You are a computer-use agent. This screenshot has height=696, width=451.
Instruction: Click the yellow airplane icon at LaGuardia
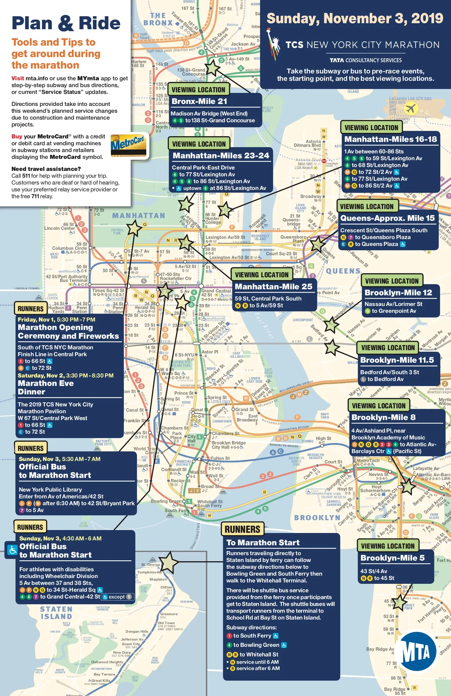[x=411, y=109]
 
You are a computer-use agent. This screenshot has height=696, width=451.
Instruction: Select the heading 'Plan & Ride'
[x=66, y=23]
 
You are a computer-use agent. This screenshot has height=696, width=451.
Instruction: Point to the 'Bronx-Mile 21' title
[x=199, y=102]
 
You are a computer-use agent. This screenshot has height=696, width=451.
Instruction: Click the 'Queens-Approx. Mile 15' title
[x=387, y=218]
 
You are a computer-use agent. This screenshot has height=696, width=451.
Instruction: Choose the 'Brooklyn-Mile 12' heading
[x=398, y=292]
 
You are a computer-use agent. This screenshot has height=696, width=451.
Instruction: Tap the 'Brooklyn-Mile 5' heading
[x=392, y=558]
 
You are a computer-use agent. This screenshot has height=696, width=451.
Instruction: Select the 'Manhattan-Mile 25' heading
[x=273, y=287]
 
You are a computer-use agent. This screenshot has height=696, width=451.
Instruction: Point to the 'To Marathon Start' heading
[x=263, y=543]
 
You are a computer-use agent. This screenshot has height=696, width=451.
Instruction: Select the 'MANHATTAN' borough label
[x=138, y=216]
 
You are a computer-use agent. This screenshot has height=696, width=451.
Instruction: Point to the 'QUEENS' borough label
[x=343, y=271]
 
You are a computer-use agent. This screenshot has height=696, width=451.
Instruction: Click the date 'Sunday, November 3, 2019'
[x=355, y=18]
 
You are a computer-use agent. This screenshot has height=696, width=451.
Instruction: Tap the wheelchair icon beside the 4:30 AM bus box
[x=12, y=550]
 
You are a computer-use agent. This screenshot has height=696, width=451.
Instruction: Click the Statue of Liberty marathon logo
[x=273, y=44]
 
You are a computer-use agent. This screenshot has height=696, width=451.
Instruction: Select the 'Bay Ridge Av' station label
[x=380, y=649]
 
